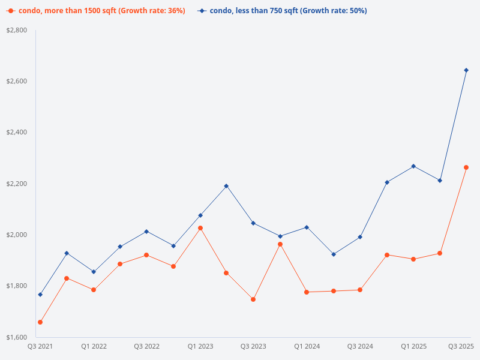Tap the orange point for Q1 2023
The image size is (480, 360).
pos(200,228)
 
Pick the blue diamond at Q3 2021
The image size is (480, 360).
pos(40,295)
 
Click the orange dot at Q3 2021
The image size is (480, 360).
pos(40,322)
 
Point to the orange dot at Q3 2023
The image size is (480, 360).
pos(253,299)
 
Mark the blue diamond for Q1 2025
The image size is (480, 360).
pos(413,166)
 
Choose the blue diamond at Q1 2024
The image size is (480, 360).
pos(307,227)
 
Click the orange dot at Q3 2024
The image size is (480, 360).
pos(360,290)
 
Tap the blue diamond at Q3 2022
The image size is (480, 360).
pos(146,232)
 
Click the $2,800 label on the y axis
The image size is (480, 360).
pos(16,30)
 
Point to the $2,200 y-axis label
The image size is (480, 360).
pos(16,184)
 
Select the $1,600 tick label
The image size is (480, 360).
pos(16,337)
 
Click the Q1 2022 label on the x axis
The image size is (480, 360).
pos(94,347)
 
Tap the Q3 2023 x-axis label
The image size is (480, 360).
pos(253,347)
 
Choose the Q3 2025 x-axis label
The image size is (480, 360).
pos(461,347)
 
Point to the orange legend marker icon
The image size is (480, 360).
pos(10,11)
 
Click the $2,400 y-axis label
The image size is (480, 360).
pos(16,133)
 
